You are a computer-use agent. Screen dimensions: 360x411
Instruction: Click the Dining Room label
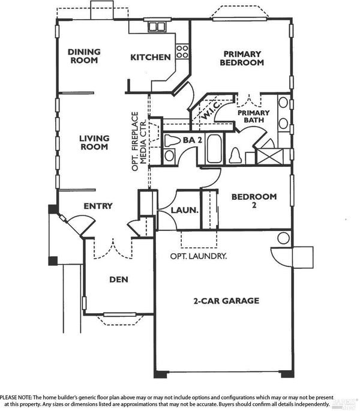(x=84, y=56)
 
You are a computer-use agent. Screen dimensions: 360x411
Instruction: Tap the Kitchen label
(x=151, y=57)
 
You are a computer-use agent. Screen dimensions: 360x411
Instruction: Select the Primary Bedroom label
(x=242, y=58)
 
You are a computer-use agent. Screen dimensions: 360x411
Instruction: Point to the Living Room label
(x=94, y=142)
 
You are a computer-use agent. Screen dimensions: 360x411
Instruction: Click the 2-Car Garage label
(x=226, y=301)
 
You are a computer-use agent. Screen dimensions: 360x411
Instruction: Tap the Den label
(x=119, y=280)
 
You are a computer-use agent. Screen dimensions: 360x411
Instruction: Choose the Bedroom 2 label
(x=254, y=200)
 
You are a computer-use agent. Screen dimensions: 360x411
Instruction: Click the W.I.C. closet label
(x=212, y=111)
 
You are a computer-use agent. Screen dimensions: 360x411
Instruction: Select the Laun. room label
(x=184, y=210)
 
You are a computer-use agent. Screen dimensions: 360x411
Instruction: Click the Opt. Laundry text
(x=198, y=256)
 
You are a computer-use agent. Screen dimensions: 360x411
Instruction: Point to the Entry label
(x=98, y=206)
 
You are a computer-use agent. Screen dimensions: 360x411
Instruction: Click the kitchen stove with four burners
(x=182, y=52)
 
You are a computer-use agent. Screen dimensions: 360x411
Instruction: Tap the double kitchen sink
(x=157, y=26)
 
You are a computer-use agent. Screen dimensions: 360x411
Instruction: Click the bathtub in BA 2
(x=214, y=149)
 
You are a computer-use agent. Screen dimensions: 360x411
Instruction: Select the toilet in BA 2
(x=172, y=140)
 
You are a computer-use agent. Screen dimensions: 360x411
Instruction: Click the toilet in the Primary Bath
(x=235, y=155)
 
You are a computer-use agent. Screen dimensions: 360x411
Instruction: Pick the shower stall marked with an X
(x=269, y=157)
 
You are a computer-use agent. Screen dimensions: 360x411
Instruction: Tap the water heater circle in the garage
(x=283, y=238)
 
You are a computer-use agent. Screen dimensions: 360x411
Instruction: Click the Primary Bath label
(x=254, y=116)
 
